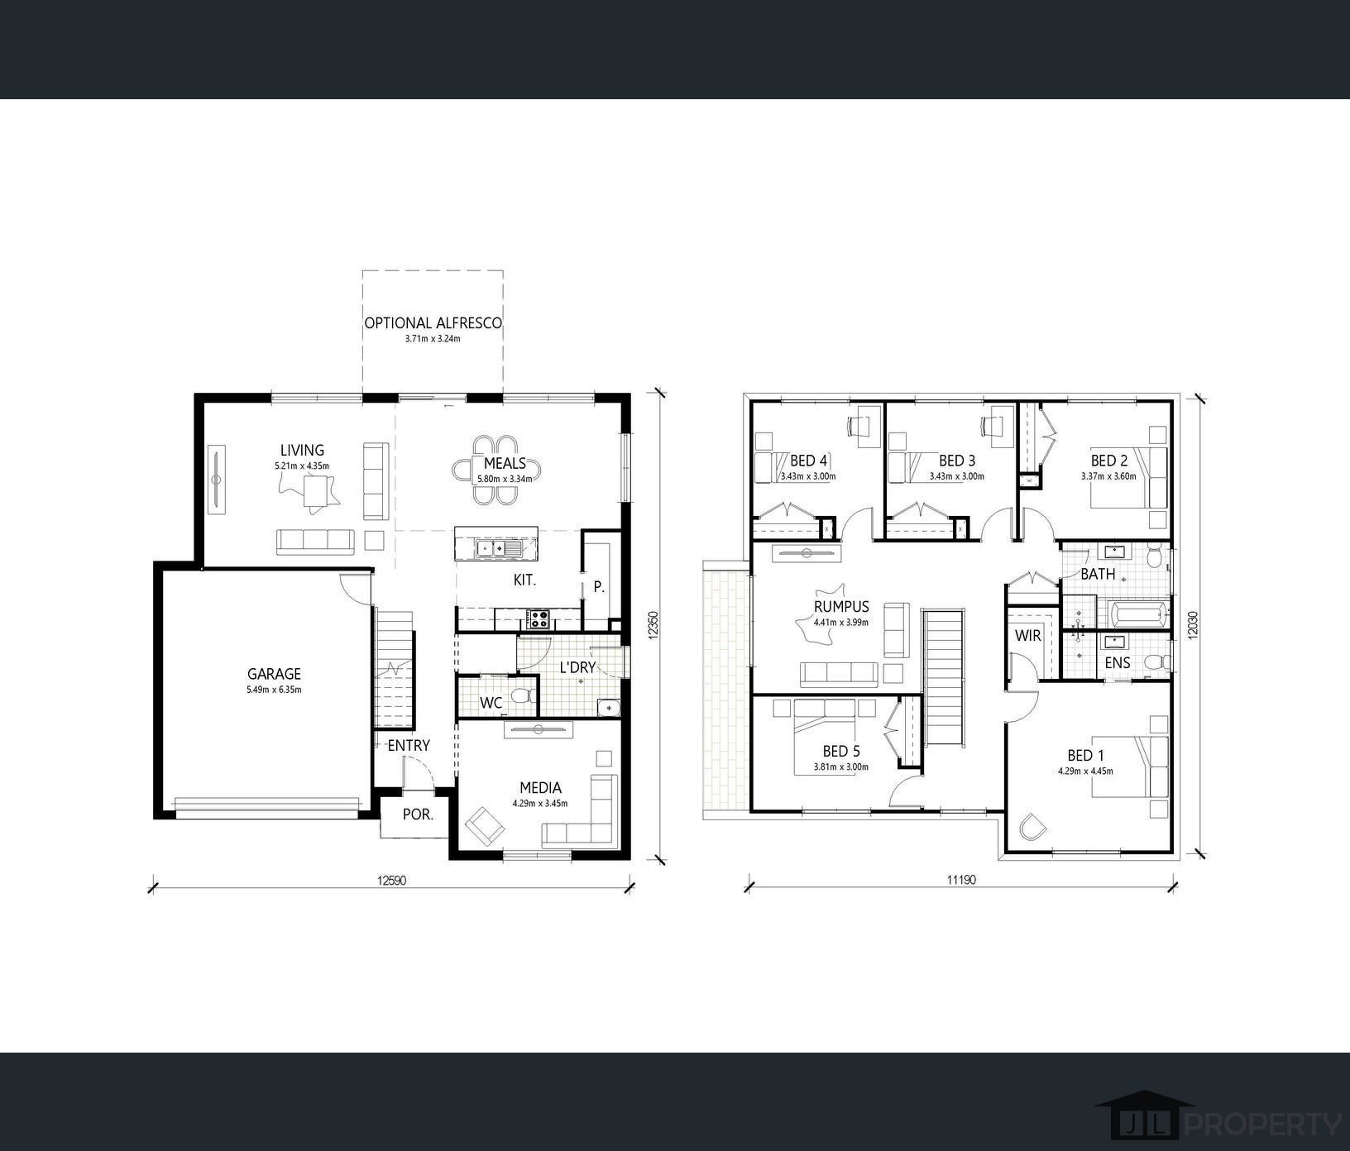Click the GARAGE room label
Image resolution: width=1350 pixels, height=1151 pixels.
coord(274,674)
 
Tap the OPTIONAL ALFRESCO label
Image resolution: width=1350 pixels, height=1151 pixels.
coord(433,322)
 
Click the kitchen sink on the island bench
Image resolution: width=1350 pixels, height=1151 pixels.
coord(495,547)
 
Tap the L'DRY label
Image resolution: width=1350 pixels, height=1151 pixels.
coord(577,666)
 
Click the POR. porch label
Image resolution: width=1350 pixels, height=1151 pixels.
coord(418,814)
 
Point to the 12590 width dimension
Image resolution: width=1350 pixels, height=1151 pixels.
coord(394,880)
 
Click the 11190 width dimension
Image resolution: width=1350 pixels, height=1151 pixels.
coord(962,880)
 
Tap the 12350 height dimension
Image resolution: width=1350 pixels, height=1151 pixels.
coord(653,624)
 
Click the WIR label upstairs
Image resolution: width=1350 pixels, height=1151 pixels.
coord(1028,636)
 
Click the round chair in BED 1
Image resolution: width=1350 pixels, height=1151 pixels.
coord(1030,828)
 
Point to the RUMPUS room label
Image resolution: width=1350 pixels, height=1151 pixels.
coord(841,607)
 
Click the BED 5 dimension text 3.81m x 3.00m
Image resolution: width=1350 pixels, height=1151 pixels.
coord(840,767)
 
